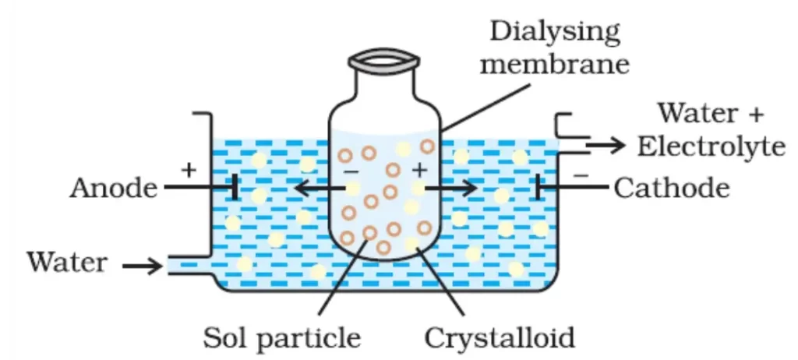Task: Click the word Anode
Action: click(111, 188)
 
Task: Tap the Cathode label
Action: click(671, 188)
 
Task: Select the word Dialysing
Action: click(554, 34)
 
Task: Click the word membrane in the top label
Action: click(554, 63)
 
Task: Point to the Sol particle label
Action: click(282, 337)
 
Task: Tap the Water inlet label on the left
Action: click(67, 262)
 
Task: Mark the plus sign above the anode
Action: click(187, 168)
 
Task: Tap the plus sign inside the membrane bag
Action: click(419, 168)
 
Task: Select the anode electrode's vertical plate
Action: click(233, 187)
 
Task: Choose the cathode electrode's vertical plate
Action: click(538, 187)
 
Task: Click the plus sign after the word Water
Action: click(754, 114)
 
